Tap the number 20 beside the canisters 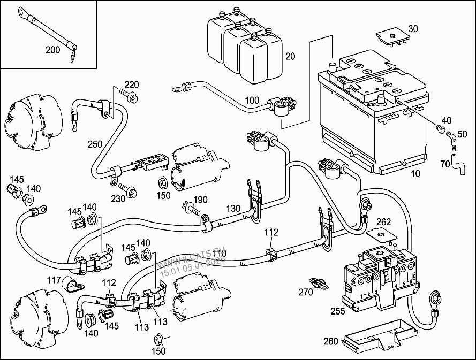coord(290,57)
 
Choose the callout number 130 coord(233,208)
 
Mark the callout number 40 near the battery coord(445,120)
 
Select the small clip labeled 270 coord(320,283)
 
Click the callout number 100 coord(252,100)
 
